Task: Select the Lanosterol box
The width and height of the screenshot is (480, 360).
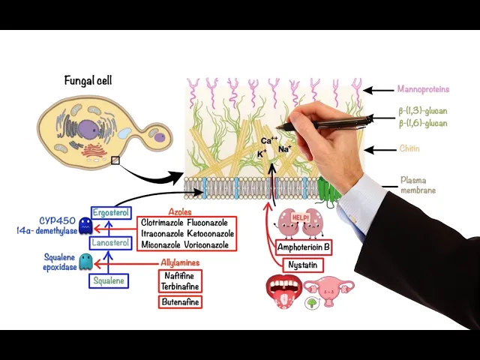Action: pos(110,243)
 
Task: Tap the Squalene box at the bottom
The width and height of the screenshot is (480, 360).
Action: pos(109,281)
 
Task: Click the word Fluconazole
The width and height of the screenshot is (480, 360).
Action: pos(209,223)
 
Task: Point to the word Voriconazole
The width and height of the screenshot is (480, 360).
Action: pos(209,245)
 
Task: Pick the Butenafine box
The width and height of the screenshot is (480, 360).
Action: pos(181,301)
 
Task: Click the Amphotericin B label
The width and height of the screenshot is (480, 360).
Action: pos(304,246)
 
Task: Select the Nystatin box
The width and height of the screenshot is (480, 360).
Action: pos(305,265)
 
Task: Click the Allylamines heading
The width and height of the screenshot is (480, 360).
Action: pos(181,262)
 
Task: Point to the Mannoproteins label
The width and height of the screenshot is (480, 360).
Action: pos(423,90)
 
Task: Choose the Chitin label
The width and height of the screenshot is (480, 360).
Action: pos(409,148)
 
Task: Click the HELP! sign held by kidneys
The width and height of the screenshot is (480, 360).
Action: pos(300,217)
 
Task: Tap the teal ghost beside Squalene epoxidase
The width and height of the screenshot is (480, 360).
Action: pos(86,261)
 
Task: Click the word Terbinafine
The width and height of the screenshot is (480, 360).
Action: pos(180,286)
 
